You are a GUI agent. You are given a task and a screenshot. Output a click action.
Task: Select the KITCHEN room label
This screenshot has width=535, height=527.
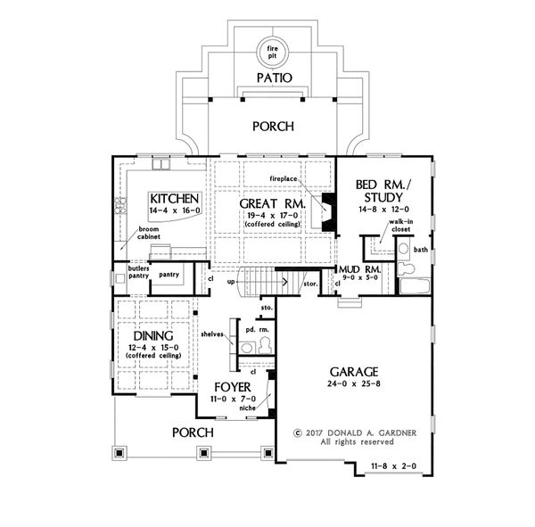point(173,197)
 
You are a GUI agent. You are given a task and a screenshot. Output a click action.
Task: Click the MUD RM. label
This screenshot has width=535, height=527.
point(360,268)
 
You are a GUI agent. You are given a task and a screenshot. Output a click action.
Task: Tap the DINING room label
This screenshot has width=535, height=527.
point(148,337)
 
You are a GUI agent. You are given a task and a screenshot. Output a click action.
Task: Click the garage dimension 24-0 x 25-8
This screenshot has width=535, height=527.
point(357,385)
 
